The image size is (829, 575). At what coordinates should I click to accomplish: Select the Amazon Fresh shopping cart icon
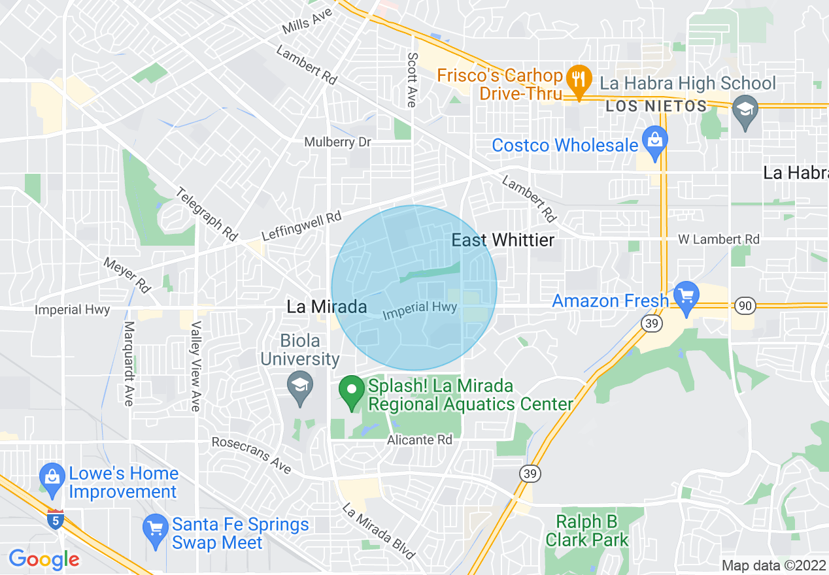pos(686,297)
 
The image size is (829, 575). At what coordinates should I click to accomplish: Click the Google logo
pos(44,559)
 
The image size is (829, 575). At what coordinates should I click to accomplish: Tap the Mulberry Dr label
pos(337,142)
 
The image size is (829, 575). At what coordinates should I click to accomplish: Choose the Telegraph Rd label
pos(207,214)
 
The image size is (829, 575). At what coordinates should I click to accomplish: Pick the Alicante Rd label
pos(419,440)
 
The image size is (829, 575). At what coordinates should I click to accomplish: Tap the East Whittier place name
pos(503,240)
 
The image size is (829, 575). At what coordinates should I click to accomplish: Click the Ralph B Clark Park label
pos(586,531)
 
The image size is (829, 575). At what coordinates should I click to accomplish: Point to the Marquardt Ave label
pos(129,363)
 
